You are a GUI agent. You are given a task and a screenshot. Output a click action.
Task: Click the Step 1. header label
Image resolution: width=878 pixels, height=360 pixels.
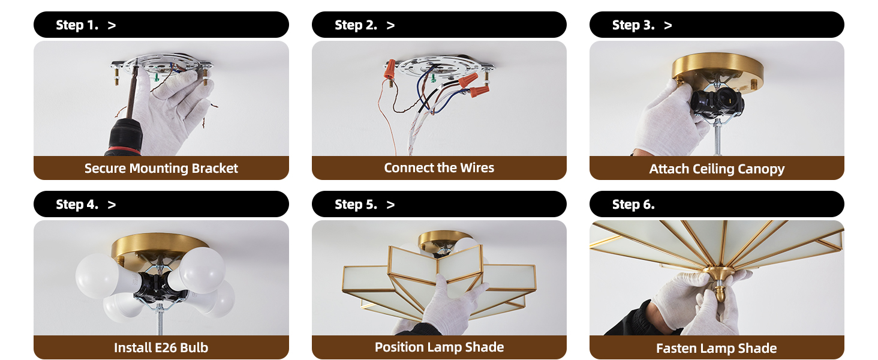point(77,25)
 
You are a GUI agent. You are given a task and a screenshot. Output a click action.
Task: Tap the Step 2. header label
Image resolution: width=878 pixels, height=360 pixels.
point(356,25)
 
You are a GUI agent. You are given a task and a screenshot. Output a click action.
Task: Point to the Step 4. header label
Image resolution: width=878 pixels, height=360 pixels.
point(77,205)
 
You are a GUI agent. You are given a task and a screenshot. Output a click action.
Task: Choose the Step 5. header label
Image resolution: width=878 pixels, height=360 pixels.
point(356,205)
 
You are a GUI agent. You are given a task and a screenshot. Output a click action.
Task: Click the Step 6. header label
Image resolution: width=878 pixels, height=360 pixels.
point(633,205)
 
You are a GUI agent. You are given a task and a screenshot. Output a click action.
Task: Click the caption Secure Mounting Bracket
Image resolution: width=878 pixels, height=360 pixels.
point(161,169)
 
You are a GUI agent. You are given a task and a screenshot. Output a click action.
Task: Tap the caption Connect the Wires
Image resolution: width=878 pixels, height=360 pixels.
point(439,168)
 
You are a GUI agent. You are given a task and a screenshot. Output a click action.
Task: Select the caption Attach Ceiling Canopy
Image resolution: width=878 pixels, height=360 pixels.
point(717,169)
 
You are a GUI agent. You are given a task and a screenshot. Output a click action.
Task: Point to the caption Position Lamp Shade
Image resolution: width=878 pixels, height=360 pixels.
point(439,347)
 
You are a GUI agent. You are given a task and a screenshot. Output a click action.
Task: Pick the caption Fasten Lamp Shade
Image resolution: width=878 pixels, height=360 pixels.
point(717,349)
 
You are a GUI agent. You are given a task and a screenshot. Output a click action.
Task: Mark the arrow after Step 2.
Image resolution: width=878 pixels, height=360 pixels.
point(390,25)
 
